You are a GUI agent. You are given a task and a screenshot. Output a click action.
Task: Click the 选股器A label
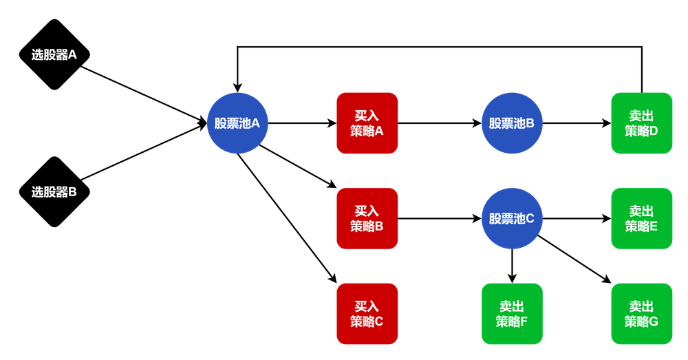[x=54, y=55]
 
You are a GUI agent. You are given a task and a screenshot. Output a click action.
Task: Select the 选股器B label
[x=54, y=192]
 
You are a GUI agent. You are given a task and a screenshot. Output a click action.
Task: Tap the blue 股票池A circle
[x=237, y=124]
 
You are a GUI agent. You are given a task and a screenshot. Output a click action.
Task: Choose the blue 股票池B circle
[x=512, y=124]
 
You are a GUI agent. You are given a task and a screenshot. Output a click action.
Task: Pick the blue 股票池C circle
[x=512, y=219]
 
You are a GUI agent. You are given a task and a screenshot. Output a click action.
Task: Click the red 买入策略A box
[x=367, y=123]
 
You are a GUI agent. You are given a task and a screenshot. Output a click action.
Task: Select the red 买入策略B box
[x=367, y=218]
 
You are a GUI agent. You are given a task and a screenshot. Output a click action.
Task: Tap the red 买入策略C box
[x=367, y=314]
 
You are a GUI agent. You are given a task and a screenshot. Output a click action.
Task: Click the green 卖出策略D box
[x=641, y=123]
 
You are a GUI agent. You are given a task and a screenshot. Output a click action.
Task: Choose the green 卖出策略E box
[x=641, y=218]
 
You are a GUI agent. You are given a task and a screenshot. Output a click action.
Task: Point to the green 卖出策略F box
[x=511, y=314]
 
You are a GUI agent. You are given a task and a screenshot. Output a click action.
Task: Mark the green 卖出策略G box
[x=641, y=314]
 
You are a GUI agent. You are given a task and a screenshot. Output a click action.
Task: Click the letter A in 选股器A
[x=72, y=55]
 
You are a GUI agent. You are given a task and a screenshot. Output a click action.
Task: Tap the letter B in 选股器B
[x=72, y=192]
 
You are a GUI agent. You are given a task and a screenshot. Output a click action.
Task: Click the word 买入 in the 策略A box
[x=367, y=116]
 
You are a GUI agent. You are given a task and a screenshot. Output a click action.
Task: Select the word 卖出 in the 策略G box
[x=641, y=306]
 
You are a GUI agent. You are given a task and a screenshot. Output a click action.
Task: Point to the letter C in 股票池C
[x=530, y=219]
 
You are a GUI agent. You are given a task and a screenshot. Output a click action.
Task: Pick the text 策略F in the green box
[x=511, y=321]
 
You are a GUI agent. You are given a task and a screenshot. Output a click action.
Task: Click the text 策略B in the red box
[x=367, y=226]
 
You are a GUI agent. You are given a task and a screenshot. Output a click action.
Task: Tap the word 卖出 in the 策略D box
[x=641, y=116]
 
